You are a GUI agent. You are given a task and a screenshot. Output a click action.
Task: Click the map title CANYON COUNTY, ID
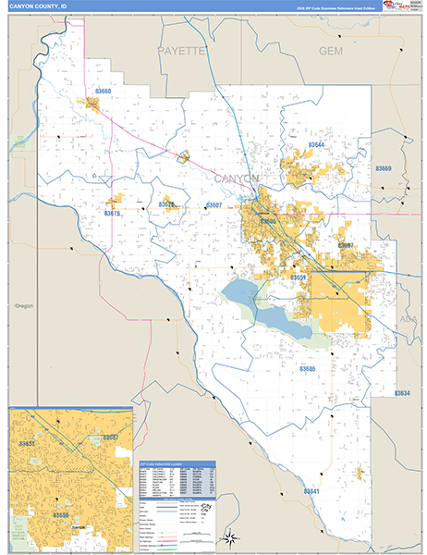point(38,6)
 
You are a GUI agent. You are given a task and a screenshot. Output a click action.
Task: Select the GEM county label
point(330,51)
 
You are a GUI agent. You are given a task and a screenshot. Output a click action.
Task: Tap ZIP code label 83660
point(103,92)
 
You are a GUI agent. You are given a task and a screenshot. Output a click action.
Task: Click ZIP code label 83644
point(317,145)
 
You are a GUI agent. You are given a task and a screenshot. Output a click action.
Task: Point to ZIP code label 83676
point(113,214)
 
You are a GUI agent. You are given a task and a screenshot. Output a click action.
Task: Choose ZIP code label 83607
point(213,204)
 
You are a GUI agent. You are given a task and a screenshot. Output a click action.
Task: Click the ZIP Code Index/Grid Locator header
point(176,463)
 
